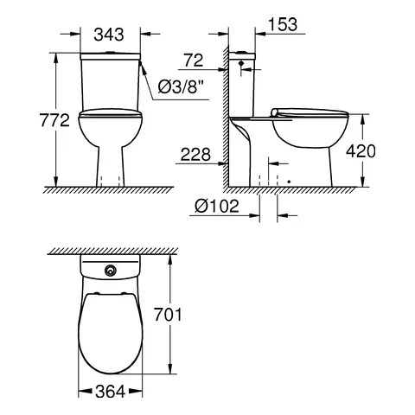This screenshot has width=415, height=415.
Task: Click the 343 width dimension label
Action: tap(108, 34)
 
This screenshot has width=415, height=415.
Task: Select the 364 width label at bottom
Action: tap(108, 392)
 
